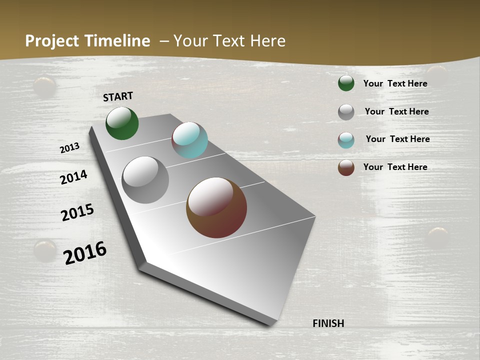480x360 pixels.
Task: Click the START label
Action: pyautogui.click(x=118, y=96)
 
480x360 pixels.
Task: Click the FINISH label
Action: pyautogui.click(x=328, y=323)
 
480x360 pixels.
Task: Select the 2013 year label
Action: pyautogui.click(x=70, y=147)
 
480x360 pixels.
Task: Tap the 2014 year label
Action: pyautogui.click(x=73, y=177)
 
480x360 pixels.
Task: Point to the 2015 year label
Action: pyautogui.click(x=77, y=212)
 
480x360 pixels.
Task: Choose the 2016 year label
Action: pyautogui.click(x=85, y=252)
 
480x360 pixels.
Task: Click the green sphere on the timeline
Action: pyautogui.click(x=122, y=123)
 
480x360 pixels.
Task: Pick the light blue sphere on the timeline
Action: pyautogui.click(x=189, y=140)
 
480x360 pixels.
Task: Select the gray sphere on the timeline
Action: pyautogui.click(x=145, y=180)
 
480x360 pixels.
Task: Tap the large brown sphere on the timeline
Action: pyautogui.click(x=216, y=207)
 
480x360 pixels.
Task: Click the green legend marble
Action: pyautogui.click(x=346, y=83)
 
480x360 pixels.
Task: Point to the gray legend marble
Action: pyautogui.click(x=346, y=112)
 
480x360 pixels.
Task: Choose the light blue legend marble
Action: pyautogui.click(x=346, y=140)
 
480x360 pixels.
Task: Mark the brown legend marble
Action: pyautogui.click(x=346, y=167)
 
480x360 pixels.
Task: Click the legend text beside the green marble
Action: pyautogui.click(x=395, y=83)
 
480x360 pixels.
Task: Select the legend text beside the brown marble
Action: pyautogui.click(x=395, y=167)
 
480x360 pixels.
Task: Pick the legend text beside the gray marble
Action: pyautogui.click(x=396, y=111)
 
